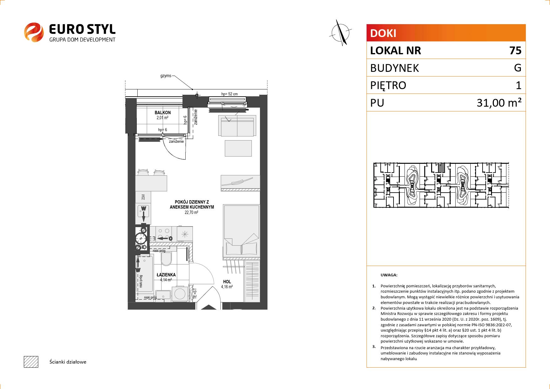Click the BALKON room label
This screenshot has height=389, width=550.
[162, 113]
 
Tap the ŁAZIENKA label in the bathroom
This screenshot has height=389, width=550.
[166, 275]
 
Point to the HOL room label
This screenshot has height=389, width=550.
[227, 282]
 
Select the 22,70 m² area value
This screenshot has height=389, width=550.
[191, 212]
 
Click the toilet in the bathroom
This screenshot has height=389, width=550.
[166, 259]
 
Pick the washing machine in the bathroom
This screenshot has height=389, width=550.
[180, 294]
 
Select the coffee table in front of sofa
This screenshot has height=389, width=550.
[238, 148]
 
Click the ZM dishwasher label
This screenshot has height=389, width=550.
[143, 197]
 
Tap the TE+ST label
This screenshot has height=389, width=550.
[194, 293]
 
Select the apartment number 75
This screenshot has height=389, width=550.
[515, 51]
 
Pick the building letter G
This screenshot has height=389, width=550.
[518, 68]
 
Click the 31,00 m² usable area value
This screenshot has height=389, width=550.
[499, 103]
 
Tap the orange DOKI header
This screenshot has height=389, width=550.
[446, 33]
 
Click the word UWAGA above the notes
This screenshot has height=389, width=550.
[389, 275]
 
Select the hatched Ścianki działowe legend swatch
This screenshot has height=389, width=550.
[31, 362]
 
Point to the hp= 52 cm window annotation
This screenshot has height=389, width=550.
[230, 94]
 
